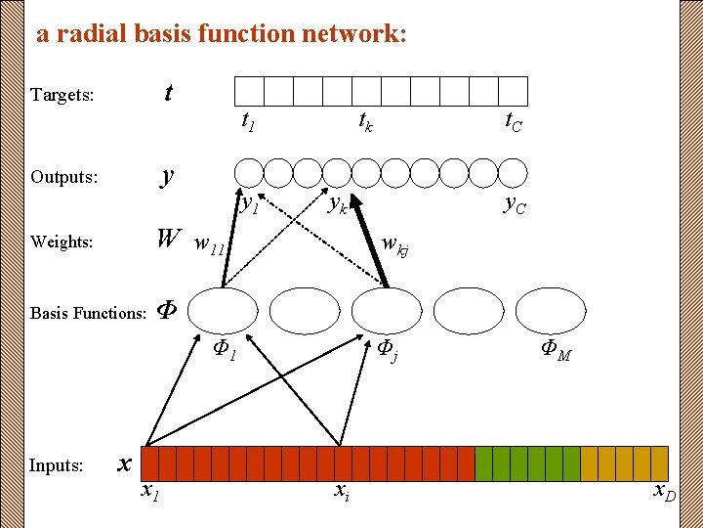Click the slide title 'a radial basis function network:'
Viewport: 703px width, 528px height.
click(221, 34)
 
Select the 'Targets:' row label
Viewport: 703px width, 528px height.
click(62, 95)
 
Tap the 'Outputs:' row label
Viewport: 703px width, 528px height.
click(64, 177)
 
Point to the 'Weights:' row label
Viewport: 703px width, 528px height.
click(62, 242)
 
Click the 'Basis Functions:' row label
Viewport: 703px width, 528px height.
click(88, 313)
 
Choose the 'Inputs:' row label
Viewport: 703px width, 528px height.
click(57, 465)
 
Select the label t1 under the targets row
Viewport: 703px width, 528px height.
click(248, 122)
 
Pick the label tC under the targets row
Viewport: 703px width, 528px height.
click(513, 121)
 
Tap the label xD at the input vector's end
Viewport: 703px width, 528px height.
click(665, 491)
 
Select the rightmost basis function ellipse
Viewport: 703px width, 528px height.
click(550, 311)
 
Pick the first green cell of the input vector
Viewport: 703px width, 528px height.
click(483, 462)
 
